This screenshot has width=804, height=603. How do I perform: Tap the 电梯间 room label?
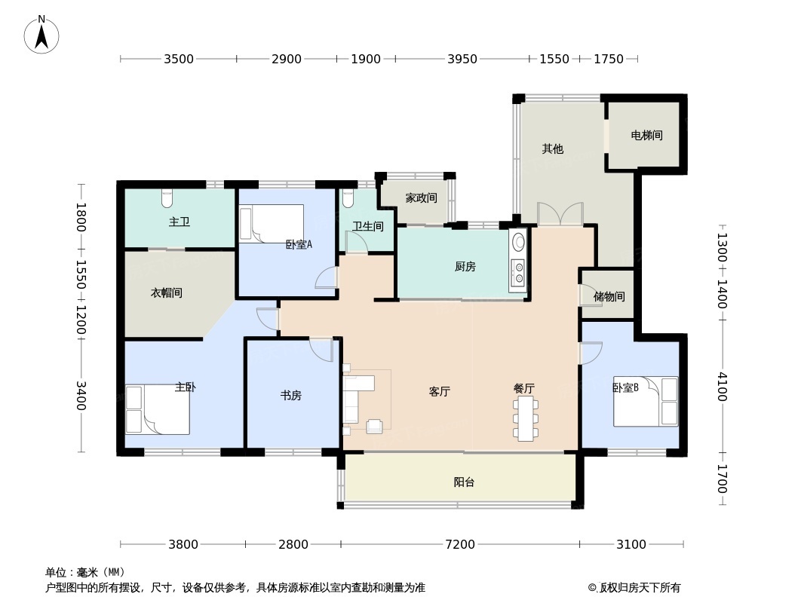[646, 136]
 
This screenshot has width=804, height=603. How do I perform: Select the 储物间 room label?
[609, 296]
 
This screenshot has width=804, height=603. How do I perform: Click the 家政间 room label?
[421, 198]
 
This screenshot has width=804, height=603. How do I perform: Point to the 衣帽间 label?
[167, 292]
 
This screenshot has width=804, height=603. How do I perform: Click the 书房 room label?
[290, 395]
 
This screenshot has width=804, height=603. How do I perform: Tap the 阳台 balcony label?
[464, 482]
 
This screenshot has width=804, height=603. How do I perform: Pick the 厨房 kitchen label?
[465, 266]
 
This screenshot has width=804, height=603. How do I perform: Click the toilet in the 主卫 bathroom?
[167, 198]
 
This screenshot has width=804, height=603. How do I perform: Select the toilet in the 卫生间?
[348, 197]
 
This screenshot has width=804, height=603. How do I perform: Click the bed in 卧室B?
[646, 402]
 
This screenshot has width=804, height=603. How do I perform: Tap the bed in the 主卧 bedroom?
[157, 409]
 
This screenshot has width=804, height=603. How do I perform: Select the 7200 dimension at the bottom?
[459, 544]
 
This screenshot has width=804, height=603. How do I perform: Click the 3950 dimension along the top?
[462, 59]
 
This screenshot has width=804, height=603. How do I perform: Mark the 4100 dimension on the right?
[722, 386]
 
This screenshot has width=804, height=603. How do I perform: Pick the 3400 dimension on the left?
[81, 396]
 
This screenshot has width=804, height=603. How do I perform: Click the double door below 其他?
[560, 214]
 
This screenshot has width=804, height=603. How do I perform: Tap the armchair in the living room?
[374, 427]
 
